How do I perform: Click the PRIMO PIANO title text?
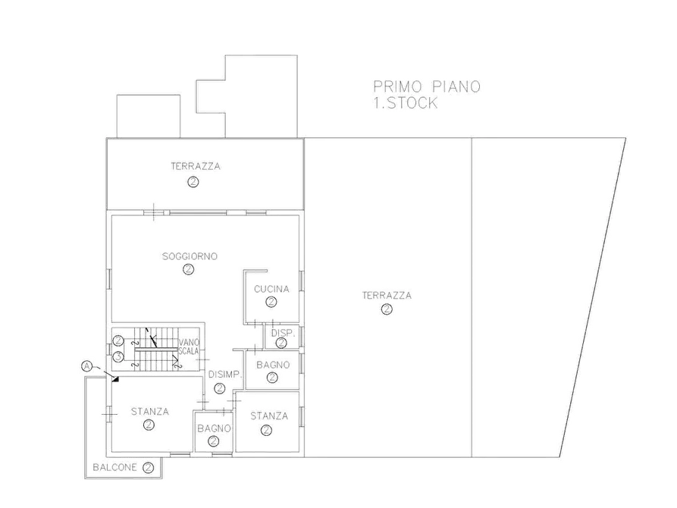tap(427, 87)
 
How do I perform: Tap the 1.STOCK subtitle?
tap(406, 103)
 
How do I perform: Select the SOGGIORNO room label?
tap(190, 256)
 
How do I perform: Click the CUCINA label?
tap(271, 289)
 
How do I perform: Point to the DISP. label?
tap(283, 334)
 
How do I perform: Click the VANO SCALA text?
tap(189, 347)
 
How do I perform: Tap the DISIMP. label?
tap(224, 375)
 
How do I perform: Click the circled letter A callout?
tap(86, 366)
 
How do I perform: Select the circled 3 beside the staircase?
tap(118, 357)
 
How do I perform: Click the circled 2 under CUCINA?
tap(271, 302)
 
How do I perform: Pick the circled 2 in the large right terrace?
tap(387, 309)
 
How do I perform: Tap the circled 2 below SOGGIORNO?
tap(188, 269)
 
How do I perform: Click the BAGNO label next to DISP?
tap(273, 365)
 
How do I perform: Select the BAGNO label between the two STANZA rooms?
tap(214, 428)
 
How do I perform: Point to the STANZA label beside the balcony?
tap(150, 412)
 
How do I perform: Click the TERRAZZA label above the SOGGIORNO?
tap(196, 166)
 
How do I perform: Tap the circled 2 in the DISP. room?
tap(281, 343)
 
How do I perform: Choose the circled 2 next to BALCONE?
tap(148, 467)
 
